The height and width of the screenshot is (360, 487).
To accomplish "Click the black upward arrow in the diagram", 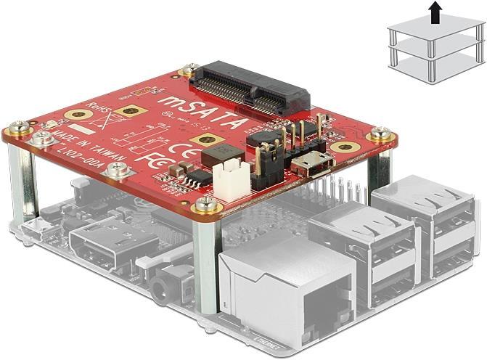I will [x=434, y=12].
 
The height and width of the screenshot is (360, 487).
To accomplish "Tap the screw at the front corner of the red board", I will [x=205, y=203].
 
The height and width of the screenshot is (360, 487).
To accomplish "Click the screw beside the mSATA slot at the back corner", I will [x=191, y=70].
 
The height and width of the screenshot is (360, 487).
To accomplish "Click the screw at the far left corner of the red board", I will [x=16, y=130].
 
